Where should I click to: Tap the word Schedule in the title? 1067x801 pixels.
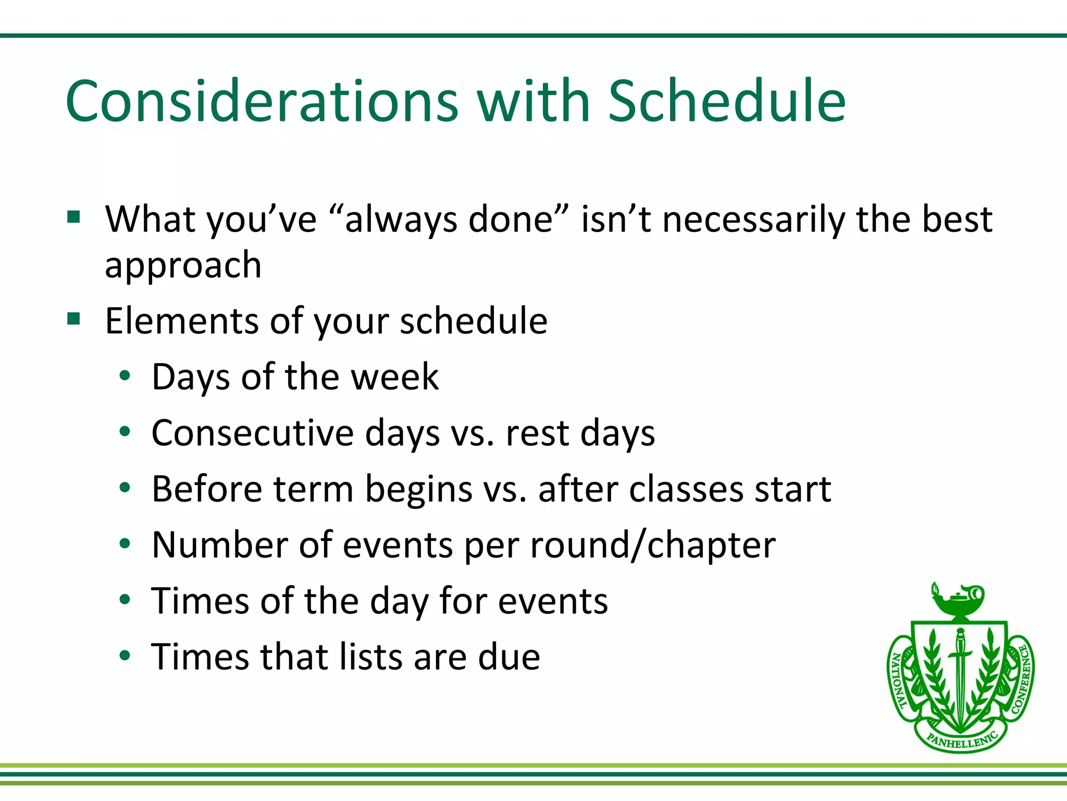coord(726,101)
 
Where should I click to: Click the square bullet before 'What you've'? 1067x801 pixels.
coord(73,216)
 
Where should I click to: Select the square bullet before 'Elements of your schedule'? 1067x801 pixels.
coord(73,318)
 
